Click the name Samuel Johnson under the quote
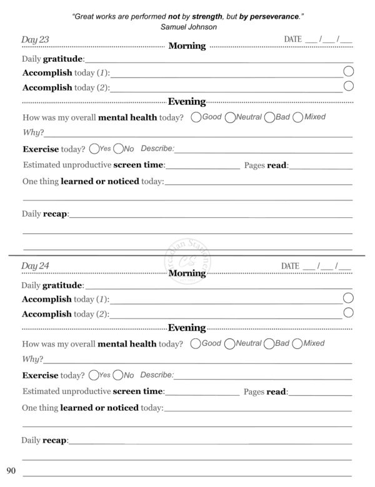(187, 27)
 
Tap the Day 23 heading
(36, 39)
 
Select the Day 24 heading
(36, 265)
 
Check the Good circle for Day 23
(197, 117)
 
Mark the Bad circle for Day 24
(269, 343)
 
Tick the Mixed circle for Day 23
(297, 117)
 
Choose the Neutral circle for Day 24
(229, 343)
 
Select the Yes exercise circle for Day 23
(94, 149)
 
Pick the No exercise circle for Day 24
(118, 375)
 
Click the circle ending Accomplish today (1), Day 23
(349, 72)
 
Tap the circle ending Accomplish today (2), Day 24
(349, 312)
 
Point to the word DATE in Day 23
(292, 39)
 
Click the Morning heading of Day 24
(187, 273)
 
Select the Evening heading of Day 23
(187, 102)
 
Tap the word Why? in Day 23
(32, 133)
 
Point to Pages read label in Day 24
(266, 391)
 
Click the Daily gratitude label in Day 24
(52, 285)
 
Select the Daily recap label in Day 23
(45, 214)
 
